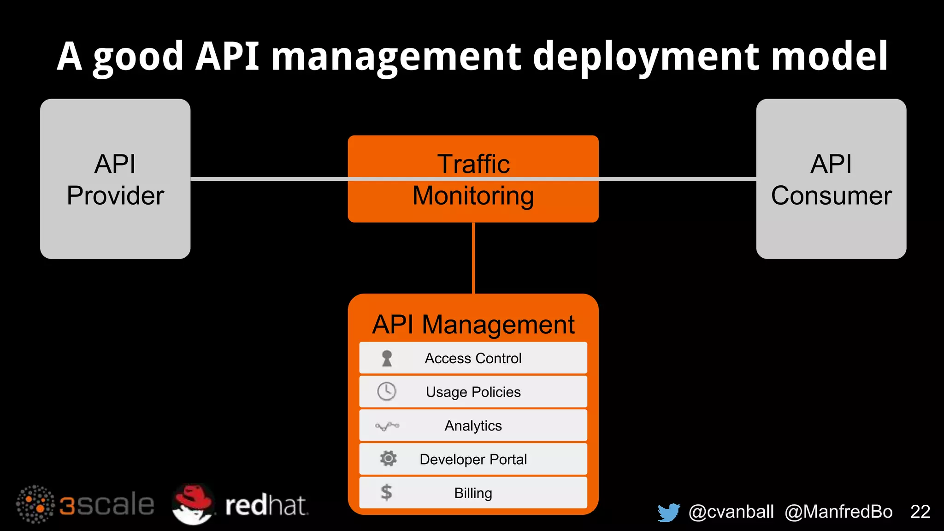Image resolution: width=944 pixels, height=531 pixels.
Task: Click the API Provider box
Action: coord(115,179)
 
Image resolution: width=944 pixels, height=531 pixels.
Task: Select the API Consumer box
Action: coord(831,179)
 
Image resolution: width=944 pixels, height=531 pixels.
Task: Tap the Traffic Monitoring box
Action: coord(473,179)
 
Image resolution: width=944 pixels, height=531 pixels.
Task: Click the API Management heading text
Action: coord(473,324)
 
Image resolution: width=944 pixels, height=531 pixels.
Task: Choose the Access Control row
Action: coord(473,358)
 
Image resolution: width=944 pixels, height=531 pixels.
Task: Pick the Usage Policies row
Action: coord(473,392)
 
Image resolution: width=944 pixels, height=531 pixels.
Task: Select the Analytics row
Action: coord(473,425)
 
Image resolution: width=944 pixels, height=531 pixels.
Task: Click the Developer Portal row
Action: coord(473,459)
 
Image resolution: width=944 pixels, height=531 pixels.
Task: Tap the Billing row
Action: coord(473,493)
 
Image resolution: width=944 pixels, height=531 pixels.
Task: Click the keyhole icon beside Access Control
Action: coord(387,358)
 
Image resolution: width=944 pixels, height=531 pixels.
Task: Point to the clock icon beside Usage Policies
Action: coord(387,392)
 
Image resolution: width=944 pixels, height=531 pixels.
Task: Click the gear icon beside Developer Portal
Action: coord(388,459)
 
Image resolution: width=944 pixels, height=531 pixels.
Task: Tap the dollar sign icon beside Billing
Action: coord(386,492)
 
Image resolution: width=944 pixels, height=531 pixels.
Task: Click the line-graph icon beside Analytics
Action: coord(387,426)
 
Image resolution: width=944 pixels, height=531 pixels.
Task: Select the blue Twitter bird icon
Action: coord(669,512)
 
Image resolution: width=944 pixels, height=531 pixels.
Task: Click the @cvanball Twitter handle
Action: coord(731,512)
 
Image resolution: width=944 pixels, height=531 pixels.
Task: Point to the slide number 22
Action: coord(920,512)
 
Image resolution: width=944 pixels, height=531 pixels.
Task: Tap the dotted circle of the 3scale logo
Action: coord(35,504)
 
